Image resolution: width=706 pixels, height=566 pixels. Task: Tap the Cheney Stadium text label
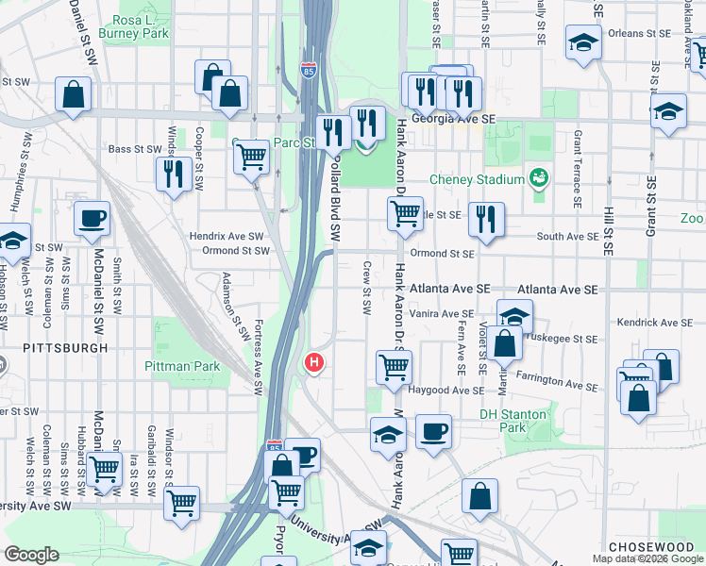[x=477, y=179]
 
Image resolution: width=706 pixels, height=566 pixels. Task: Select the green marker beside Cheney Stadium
[x=539, y=177]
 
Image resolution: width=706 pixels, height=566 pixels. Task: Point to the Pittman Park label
[x=182, y=366]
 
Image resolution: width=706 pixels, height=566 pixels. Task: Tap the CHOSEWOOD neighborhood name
[x=651, y=547]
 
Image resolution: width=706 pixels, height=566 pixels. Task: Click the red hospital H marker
[x=314, y=362]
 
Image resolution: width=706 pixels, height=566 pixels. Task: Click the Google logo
[x=32, y=555]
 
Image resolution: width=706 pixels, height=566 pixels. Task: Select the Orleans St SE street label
[x=640, y=33]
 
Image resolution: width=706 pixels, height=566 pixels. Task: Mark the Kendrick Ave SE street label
[x=654, y=323]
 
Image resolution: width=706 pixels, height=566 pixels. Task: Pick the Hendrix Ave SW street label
[x=227, y=236]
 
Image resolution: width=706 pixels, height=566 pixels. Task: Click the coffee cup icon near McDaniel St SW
[x=92, y=219]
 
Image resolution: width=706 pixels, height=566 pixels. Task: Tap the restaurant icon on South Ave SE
[x=486, y=220]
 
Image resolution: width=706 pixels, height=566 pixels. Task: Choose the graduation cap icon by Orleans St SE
[x=583, y=42]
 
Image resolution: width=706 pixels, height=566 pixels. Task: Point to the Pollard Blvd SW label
[x=334, y=188]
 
